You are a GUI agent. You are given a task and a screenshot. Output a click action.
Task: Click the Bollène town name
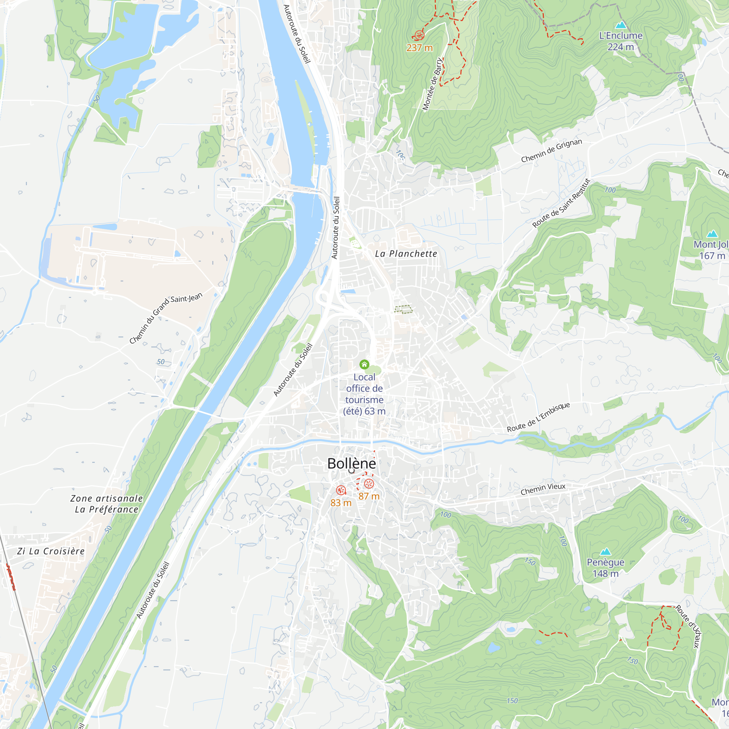(351, 464)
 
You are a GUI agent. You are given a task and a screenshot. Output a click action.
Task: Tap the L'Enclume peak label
(621, 36)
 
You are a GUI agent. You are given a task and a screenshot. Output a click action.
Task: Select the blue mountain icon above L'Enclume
(621, 25)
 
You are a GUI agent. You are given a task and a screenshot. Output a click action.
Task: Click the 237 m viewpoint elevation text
(419, 48)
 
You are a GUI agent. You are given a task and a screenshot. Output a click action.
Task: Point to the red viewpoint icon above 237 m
(419, 35)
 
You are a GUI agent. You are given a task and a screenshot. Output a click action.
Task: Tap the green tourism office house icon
(364, 364)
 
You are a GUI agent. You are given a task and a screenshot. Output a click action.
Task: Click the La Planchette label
(406, 254)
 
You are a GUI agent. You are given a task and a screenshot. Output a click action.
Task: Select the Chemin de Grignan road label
(551, 151)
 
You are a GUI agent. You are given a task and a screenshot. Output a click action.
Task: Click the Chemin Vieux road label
(543, 489)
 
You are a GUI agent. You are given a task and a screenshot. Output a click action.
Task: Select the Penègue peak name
(605, 562)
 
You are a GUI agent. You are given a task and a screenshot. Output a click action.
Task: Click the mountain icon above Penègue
(605, 551)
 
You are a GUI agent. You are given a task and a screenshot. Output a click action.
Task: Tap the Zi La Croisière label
(51, 551)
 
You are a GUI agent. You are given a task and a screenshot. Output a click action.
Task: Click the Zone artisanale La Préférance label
(107, 504)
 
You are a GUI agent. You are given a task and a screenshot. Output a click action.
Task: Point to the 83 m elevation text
(341, 503)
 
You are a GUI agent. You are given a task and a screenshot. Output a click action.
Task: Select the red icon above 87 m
(369, 484)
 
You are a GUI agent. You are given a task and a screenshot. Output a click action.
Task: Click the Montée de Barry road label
(432, 84)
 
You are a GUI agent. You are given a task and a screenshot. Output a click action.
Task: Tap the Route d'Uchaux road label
(688, 627)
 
